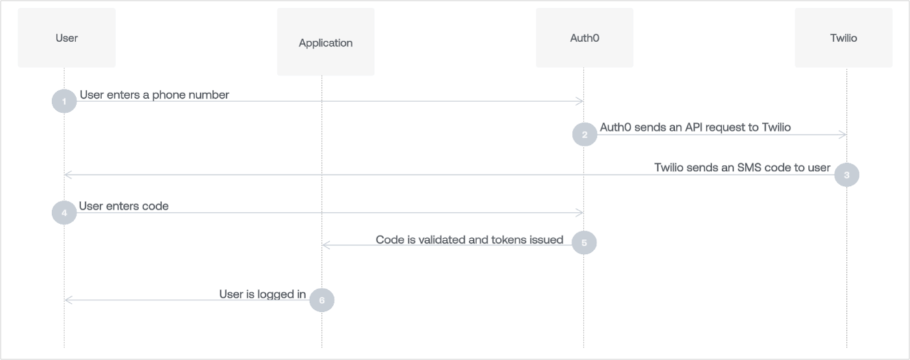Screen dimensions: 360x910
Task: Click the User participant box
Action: pos(66,38)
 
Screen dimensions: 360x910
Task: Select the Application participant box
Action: pos(326,43)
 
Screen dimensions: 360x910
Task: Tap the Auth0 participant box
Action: pos(584,38)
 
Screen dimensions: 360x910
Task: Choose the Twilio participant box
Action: pos(843,38)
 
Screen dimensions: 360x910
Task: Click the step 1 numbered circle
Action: pos(64,101)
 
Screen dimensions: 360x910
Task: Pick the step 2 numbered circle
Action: pos(584,135)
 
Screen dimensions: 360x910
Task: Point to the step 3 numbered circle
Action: pos(846,175)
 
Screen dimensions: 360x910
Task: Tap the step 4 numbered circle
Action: pos(64,212)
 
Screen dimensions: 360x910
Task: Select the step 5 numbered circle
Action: pos(584,242)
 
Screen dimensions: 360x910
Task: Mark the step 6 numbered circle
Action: pos(322,300)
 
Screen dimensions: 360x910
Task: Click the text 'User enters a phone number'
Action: pos(155,95)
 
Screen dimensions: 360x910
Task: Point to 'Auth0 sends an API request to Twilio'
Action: pos(695,127)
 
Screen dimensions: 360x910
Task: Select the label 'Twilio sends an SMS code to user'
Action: pos(742,168)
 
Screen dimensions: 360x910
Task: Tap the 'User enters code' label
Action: pos(124,206)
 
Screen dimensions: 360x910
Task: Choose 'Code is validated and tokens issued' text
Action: pos(469,240)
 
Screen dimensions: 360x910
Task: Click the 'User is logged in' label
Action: pos(263,294)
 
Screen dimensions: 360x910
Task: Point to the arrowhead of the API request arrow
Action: pos(843,135)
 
